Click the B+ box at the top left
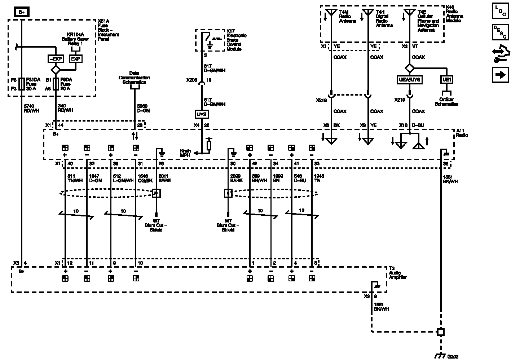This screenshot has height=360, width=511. pos(22,12)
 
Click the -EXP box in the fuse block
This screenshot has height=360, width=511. pos(56,59)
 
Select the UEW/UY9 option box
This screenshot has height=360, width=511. pos(409,80)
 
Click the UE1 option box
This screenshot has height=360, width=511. pos(447,80)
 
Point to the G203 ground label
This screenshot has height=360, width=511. pos(453,356)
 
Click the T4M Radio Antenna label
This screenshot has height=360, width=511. pos(347,16)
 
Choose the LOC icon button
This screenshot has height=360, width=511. pos(500,11)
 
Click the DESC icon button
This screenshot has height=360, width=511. pos(500,32)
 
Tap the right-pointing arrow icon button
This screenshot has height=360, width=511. pos(500,75)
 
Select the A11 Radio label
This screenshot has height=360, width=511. pos(462,133)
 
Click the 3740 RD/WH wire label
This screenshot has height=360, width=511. pos(31,108)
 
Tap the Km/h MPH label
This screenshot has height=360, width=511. pos(185,153)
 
